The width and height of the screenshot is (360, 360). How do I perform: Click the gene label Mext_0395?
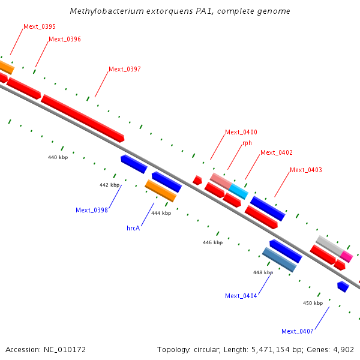40,26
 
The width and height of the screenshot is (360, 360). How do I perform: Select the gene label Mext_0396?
65,39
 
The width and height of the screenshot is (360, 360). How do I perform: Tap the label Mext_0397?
125,69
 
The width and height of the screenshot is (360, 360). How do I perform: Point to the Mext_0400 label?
241,132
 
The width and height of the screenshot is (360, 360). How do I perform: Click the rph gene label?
247,143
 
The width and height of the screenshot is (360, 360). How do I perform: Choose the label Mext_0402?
277,153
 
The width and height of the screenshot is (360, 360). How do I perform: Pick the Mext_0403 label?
306,170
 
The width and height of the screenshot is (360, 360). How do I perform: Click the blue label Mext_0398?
92,210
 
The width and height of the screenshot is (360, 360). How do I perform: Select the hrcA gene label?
133,228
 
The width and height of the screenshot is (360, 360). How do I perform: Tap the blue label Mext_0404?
241,296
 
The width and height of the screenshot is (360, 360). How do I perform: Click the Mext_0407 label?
298,331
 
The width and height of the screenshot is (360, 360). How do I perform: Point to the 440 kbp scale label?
58,157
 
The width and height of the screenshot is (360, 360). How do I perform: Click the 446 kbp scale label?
213,242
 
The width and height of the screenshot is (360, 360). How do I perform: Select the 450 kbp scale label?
313,303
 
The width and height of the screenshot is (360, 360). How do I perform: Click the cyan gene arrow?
238,191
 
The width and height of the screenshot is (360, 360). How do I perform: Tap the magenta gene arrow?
347,256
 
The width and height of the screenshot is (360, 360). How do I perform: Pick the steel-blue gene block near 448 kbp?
279,260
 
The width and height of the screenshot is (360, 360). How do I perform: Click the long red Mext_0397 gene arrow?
83,117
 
